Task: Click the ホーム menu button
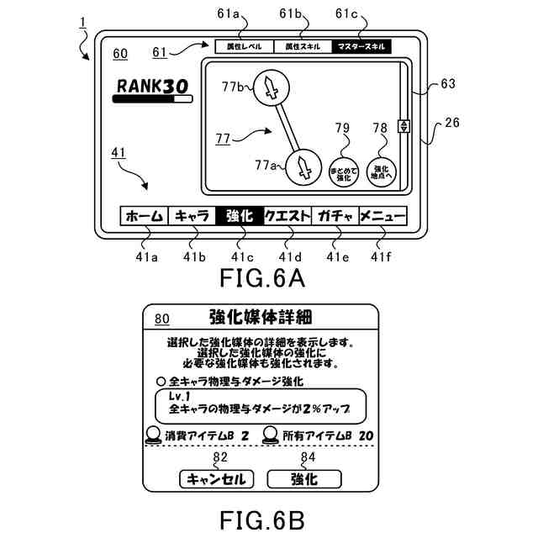[x=144, y=217]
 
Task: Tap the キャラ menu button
[x=192, y=217]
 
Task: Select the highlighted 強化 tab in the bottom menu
[x=240, y=217]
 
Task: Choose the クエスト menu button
[x=287, y=217]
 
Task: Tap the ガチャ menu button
[x=335, y=217]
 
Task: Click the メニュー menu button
[x=383, y=217]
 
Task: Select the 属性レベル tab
[x=244, y=47]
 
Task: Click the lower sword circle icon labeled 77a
[x=304, y=168]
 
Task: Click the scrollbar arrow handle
[x=404, y=127]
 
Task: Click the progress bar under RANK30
[x=153, y=99]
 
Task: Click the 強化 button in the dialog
[x=304, y=479]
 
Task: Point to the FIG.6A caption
[x=261, y=277]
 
